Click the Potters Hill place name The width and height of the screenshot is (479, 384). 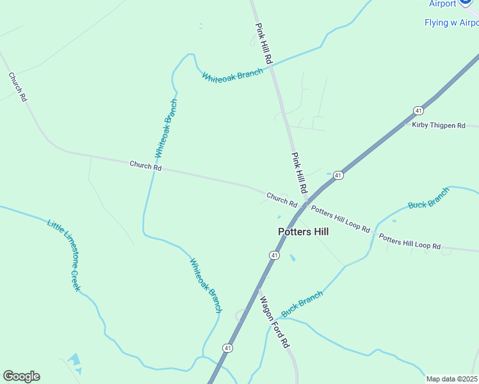point(303,232)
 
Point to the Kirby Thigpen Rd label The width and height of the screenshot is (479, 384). point(439,125)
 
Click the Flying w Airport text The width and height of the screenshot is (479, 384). point(451,23)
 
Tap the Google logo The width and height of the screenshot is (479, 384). point(21,376)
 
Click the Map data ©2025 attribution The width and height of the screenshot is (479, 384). point(452,379)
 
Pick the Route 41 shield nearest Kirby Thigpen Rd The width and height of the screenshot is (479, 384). point(418,109)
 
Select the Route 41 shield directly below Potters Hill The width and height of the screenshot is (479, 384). point(274,255)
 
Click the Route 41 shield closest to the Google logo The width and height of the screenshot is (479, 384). point(227,348)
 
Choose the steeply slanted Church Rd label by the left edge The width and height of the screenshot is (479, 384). point(17,87)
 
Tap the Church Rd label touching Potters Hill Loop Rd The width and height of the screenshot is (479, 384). point(282,200)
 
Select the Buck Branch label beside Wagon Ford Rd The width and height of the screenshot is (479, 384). point(302,305)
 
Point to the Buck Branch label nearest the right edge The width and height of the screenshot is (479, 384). point(429,198)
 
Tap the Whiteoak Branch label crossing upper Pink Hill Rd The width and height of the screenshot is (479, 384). point(232,75)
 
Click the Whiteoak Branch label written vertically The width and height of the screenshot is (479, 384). point(166,129)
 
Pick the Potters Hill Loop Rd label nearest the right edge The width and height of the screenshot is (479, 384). point(410,241)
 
